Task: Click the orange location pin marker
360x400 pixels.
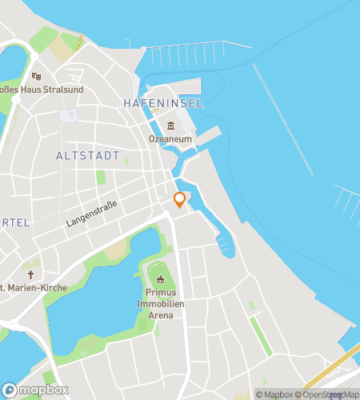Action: [180, 200]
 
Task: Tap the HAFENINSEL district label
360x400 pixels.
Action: [163, 104]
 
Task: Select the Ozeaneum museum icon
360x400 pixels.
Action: [170, 126]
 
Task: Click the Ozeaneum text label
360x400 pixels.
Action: [170, 138]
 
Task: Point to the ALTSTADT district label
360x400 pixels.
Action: [88, 155]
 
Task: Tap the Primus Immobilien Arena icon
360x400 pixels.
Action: [161, 279]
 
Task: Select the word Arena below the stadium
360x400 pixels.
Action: [161, 316]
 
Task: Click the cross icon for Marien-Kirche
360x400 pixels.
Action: [30, 274]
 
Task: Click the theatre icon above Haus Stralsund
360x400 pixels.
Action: [35, 77]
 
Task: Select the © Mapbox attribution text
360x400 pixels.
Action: [274, 394]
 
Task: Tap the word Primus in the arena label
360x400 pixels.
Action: [161, 294]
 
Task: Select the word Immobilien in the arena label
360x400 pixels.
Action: [161, 305]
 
